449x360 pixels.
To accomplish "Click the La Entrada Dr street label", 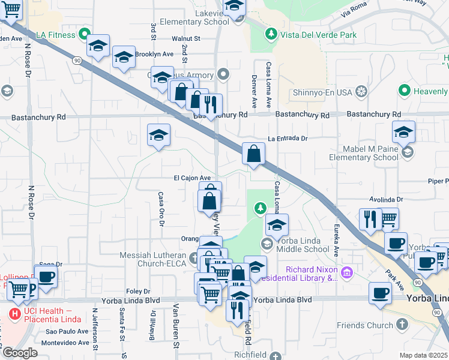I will tap(288, 138).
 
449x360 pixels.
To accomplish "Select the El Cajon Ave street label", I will tap(192, 178).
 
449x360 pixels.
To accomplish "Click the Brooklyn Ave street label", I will tap(154, 53).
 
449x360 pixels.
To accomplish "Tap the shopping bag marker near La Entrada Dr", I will tap(254, 154).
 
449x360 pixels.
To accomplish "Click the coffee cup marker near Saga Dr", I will tap(46, 277).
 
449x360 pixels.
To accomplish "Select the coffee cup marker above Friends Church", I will tap(381, 293).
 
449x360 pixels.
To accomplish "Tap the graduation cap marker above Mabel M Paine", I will tap(403, 132).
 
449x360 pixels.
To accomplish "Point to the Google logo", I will tap(20, 353).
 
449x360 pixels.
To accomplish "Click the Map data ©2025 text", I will tap(423, 355).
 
